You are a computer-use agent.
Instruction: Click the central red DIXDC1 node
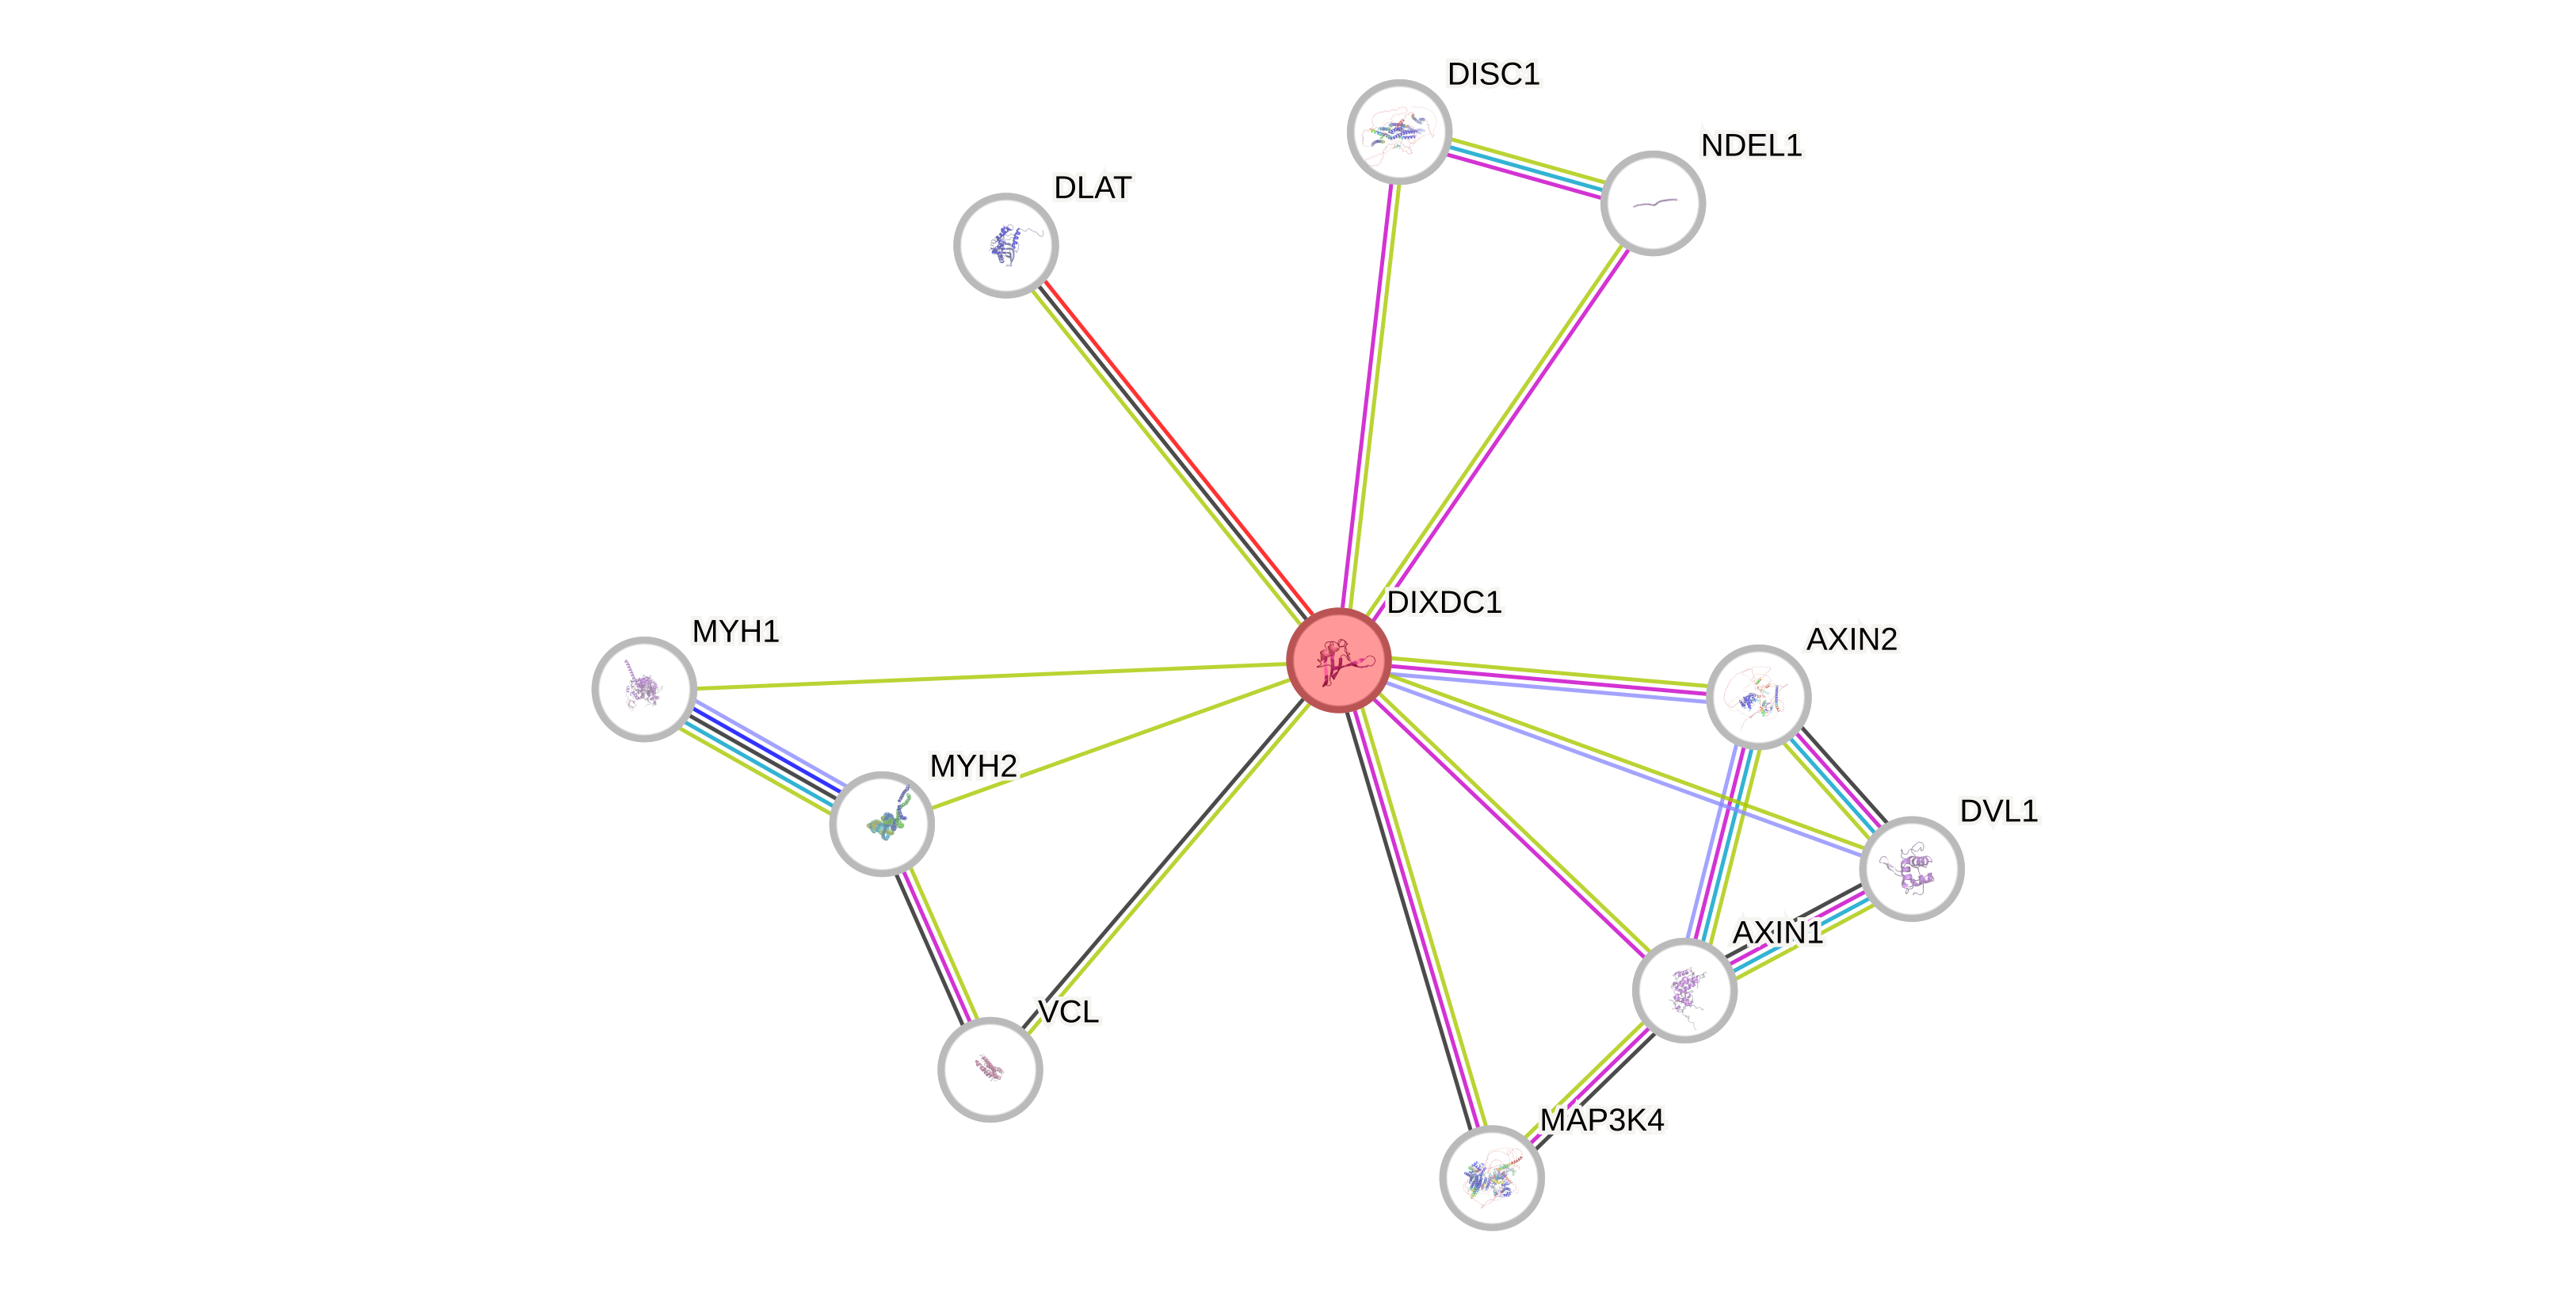coord(1338,660)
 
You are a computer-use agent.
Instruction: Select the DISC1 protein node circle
coord(1398,131)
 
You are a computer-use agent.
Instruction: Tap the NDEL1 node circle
coord(1653,203)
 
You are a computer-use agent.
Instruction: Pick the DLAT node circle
coord(1005,245)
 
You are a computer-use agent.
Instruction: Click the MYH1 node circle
coord(643,689)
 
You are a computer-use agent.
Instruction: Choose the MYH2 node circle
coord(882,824)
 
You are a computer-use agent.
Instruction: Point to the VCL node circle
coord(990,1069)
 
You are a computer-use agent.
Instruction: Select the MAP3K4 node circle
coord(1491,1177)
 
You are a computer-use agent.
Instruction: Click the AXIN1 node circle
coord(1684,990)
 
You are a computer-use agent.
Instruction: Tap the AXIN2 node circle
coord(1758,696)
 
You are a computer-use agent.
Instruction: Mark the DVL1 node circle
coord(1911,868)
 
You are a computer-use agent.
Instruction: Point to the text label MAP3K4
coord(1601,1120)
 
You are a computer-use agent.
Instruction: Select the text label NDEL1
coord(1751,146)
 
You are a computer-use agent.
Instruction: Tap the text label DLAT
coord(1093,187)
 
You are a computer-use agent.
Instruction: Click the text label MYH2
coord(973,766)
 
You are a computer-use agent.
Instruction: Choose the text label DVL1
coord(1998,810)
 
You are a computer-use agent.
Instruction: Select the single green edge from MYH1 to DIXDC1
coord(990,676)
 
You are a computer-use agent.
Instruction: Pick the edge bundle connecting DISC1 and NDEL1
coord(1525,167)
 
